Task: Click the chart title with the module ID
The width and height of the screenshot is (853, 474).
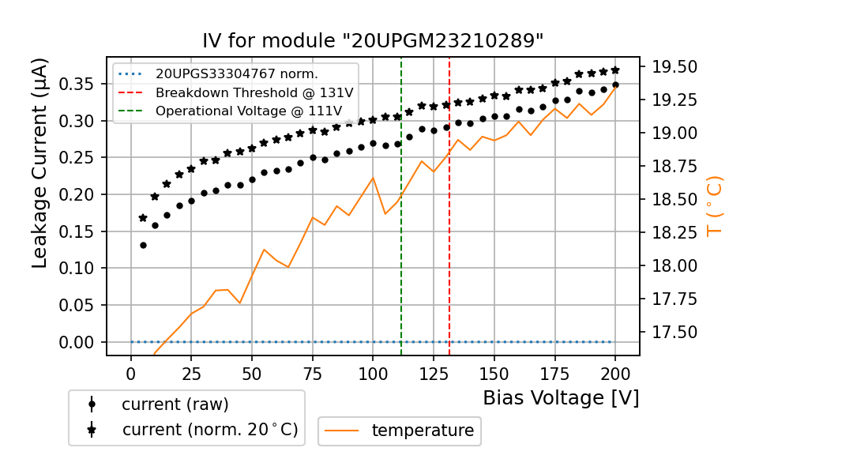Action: pos(373,41)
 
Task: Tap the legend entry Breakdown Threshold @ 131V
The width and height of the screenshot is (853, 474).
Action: pos(254,92)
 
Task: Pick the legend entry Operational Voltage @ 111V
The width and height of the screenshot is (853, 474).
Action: pos(254,111)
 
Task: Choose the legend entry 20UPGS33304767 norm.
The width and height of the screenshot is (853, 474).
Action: pos(236,74)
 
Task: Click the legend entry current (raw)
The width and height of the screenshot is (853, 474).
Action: pos(175,404)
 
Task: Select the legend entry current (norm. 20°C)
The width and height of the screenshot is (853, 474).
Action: pos(209,430)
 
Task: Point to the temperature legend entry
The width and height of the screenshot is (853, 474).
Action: pos(423,431)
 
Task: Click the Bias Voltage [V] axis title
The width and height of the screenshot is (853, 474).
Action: pos(561,397)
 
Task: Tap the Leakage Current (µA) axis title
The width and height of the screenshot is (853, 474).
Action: pos(40,163)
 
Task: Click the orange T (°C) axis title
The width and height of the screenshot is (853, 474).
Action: pos(715,206)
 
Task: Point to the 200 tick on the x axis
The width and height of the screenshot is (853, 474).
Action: pos(615,372)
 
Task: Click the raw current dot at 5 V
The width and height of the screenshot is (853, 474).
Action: pos(143,245)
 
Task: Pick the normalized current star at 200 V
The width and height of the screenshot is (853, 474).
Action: pos(615,70)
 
